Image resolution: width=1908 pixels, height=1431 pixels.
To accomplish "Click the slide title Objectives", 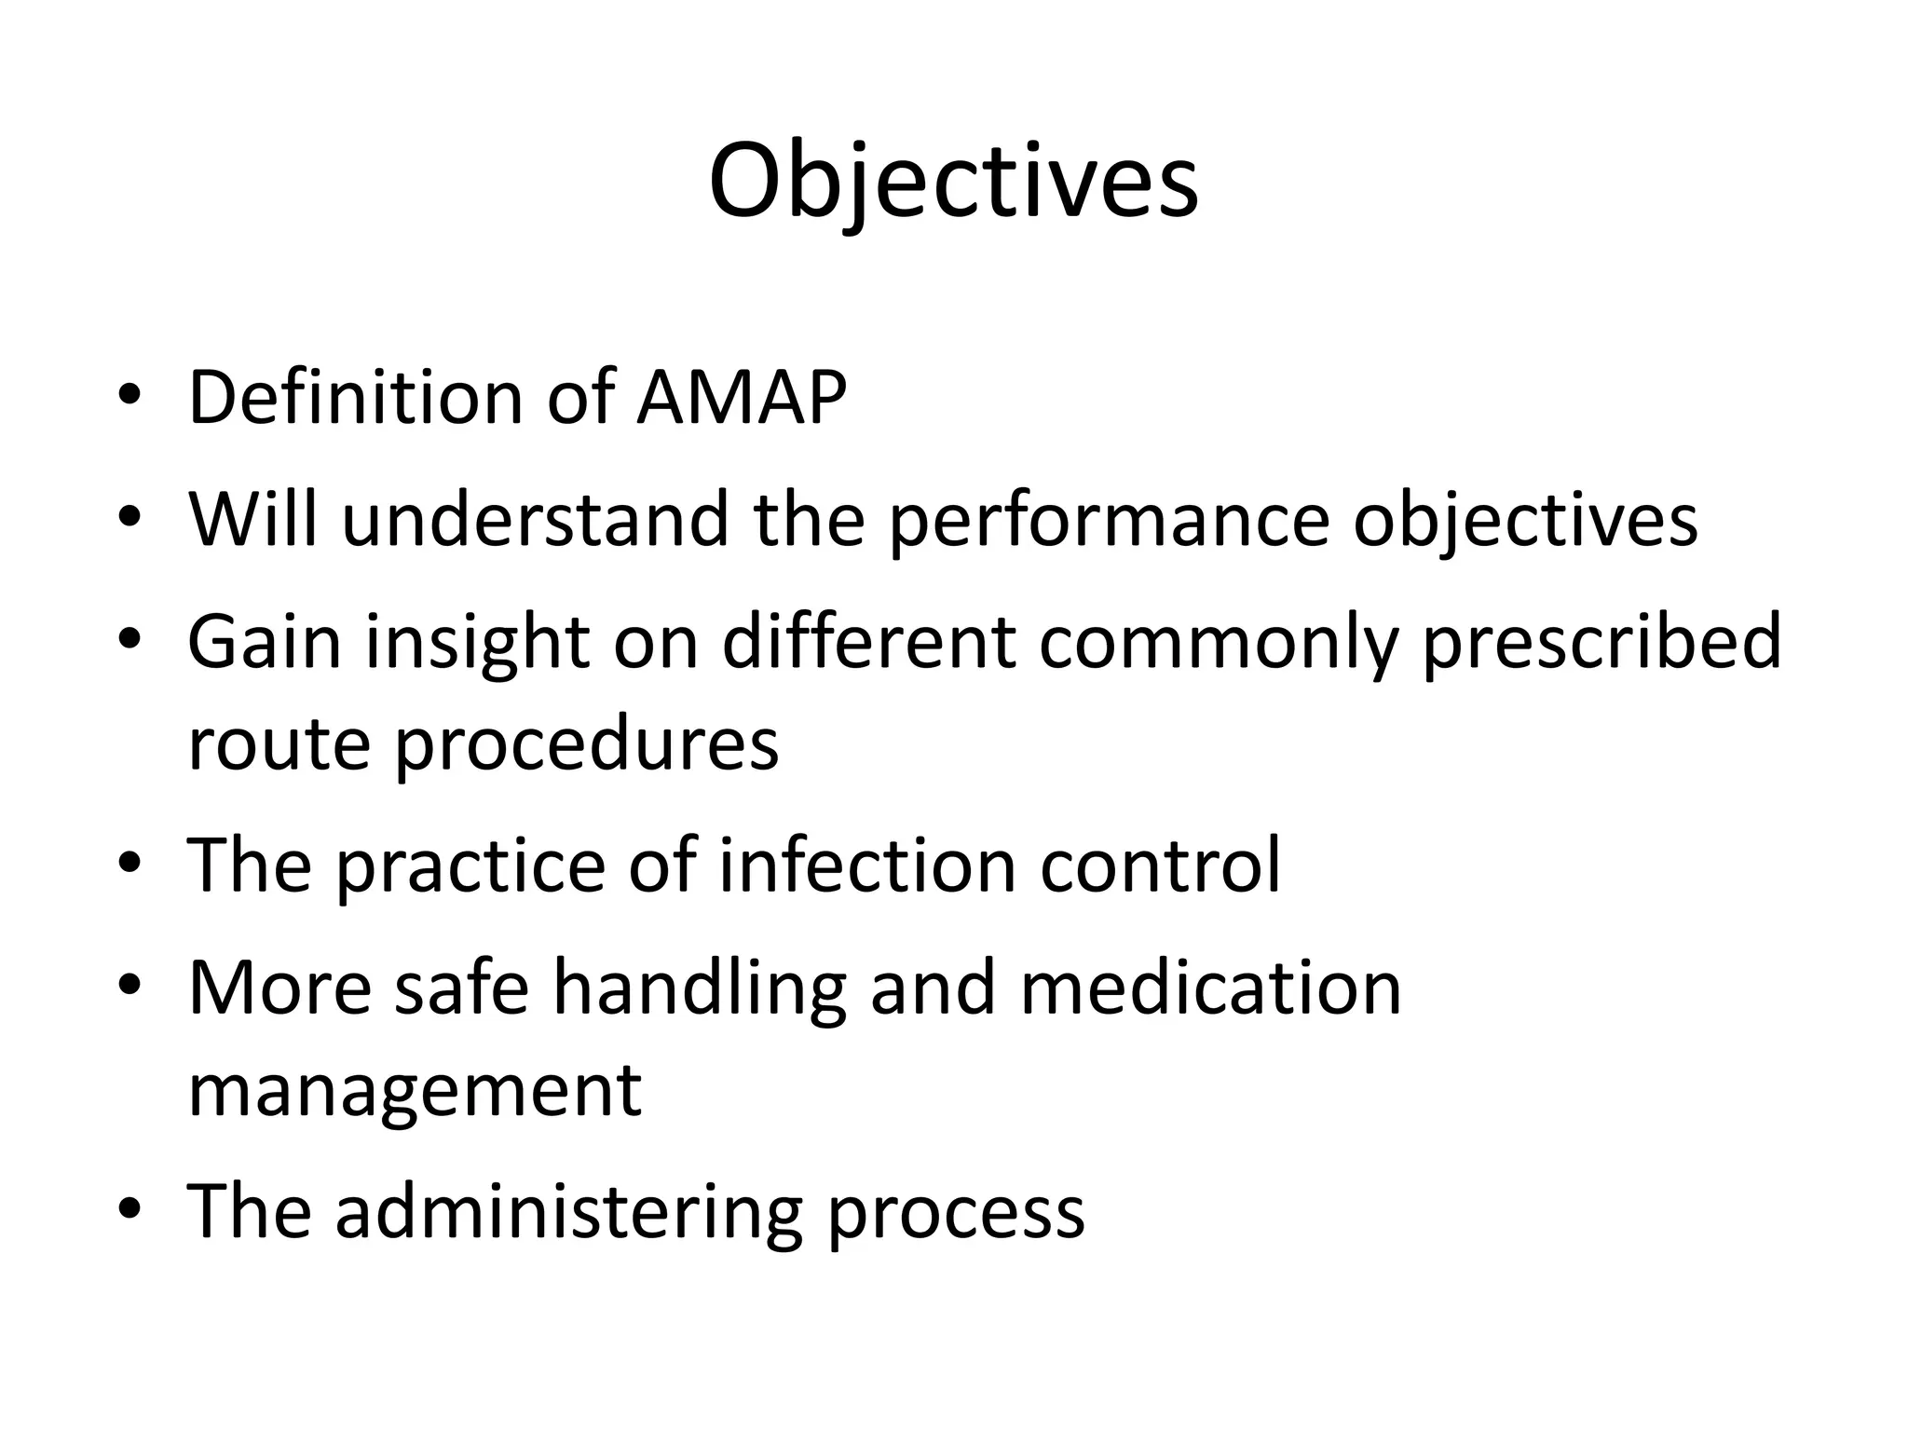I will pyautogui.click(x=953, y=182).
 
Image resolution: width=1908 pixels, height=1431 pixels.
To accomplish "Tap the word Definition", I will pyautogui.click(x=355, y=398).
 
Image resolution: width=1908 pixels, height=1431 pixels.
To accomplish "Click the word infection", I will pyautogui.click(x=866, y=865).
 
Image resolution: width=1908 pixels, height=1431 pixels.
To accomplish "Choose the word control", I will pyautogui.click(x=1160, y=865).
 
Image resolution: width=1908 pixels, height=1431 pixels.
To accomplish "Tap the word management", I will pyautogui.click(x=415, y=1092).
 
